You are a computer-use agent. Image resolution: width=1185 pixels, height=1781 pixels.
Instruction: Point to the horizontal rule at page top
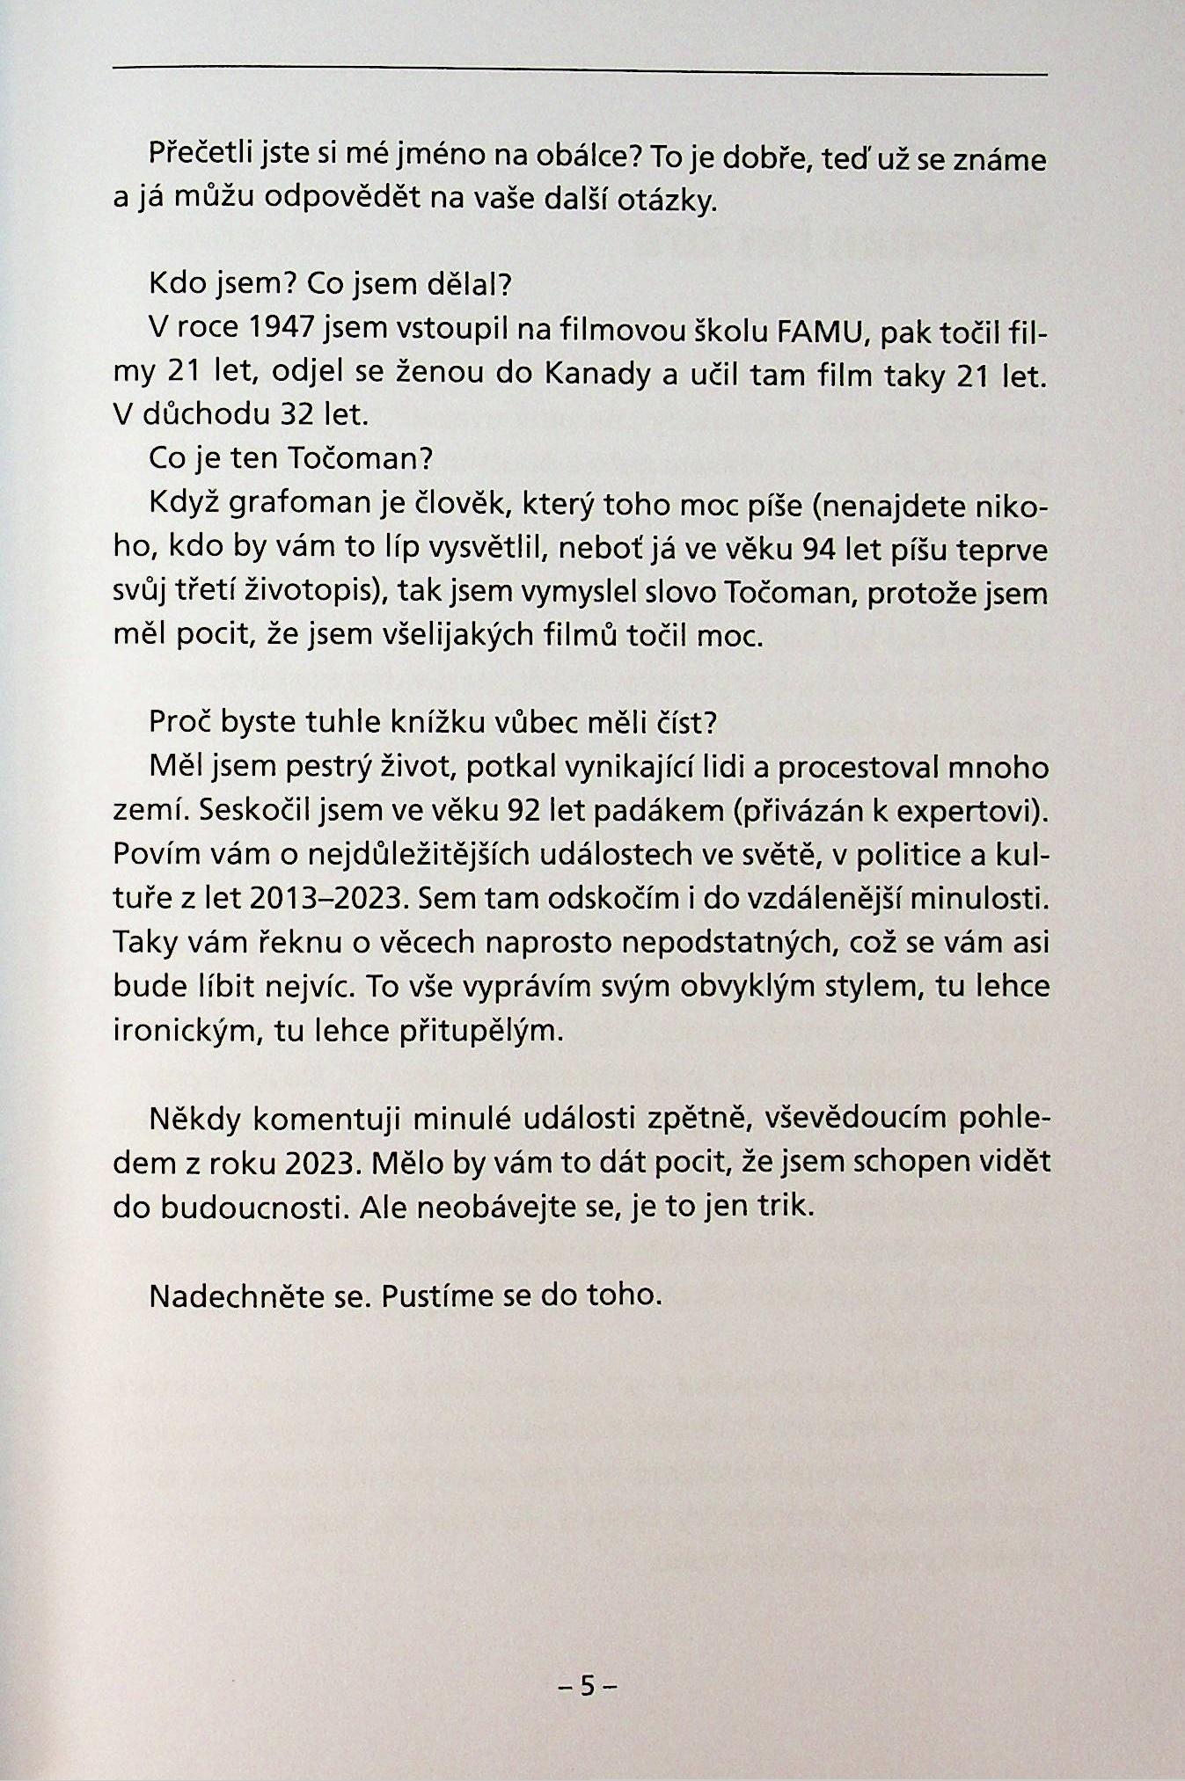581,69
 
